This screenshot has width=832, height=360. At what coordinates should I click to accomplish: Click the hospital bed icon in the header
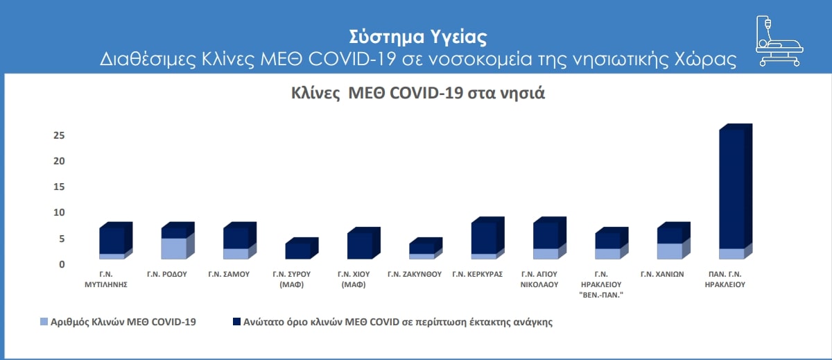click(x=779, y=41)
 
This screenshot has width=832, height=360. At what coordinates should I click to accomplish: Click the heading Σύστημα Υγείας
click(x=418, y=37)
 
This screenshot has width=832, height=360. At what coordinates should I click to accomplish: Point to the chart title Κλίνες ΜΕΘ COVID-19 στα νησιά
click(x=418, y=93)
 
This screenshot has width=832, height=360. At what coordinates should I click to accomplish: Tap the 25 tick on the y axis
click(x=59, y=135)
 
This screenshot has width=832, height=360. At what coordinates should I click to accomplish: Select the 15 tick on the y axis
click(x=59, y=187)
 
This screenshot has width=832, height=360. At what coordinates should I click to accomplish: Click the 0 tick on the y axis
click(x=62, y=264)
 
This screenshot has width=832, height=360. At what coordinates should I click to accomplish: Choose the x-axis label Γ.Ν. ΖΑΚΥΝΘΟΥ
click(x=415, y=274)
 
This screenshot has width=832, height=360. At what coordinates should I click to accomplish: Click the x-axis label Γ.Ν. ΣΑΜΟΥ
click(x=229, y=274)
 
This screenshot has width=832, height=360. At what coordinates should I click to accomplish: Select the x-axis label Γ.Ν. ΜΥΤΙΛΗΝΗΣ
click(x=106, y=280)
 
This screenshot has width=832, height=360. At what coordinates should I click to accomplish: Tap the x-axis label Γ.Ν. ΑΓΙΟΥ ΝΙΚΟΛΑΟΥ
click(x=539, y=280)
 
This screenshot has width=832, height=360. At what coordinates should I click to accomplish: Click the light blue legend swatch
click(x=44, y=322)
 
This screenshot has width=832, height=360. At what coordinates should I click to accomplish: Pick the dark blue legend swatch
click(x=236, y=322)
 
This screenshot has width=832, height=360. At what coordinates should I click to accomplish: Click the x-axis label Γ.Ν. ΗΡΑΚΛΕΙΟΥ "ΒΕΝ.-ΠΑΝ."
click(x=601, y=284)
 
